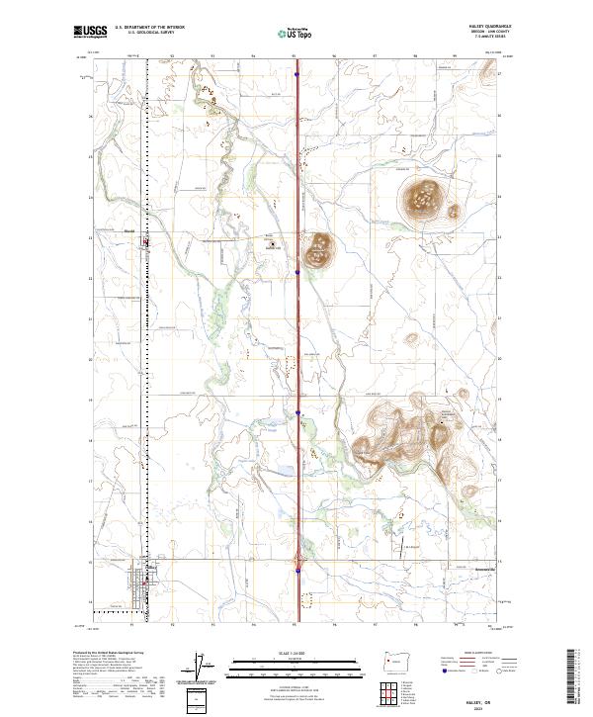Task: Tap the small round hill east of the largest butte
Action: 454,210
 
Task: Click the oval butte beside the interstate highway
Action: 319,251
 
